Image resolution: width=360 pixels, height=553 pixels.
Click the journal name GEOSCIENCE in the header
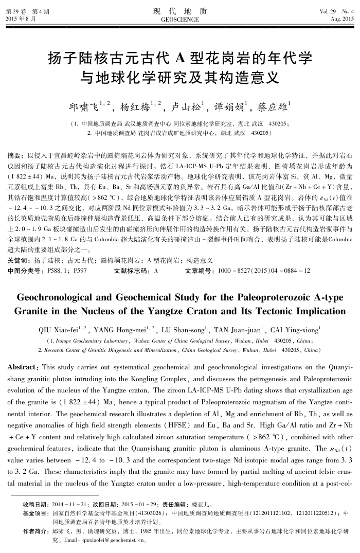click(180, 19)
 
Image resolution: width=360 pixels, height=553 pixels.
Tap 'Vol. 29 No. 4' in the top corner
click(337, 11)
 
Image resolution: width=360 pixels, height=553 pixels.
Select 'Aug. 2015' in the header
click(342, 19)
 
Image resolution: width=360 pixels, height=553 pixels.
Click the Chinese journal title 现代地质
click(180, 11)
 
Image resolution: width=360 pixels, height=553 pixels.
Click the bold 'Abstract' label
click(23, 367)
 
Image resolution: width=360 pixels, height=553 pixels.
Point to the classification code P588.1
click(58, 270)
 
